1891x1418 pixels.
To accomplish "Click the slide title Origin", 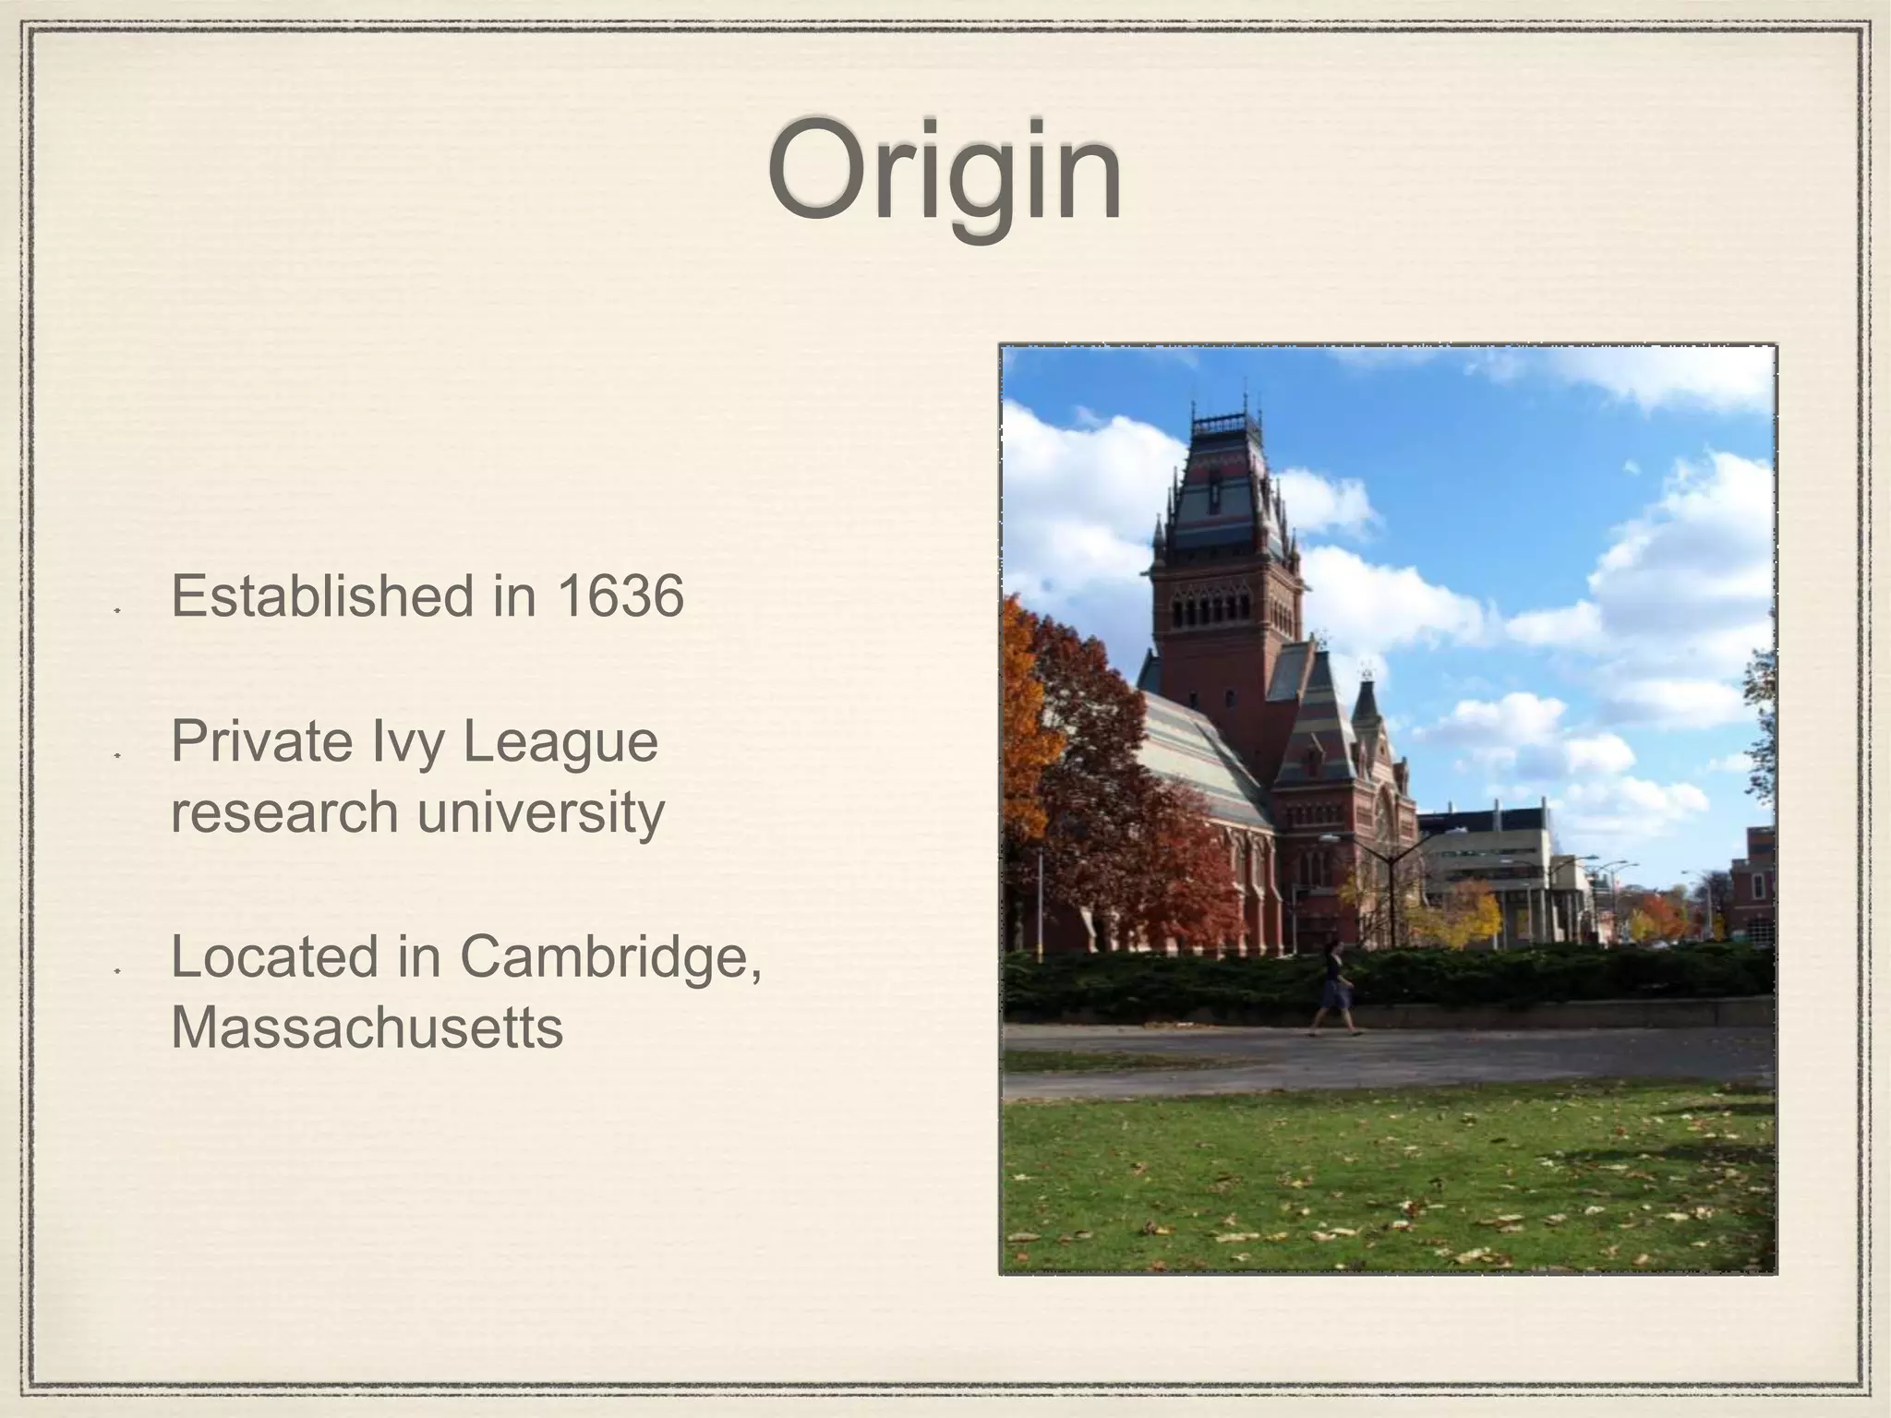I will tap(944, 173).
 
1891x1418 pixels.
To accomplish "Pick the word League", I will tap(560, 743).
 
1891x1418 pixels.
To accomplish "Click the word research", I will tap(283, 812).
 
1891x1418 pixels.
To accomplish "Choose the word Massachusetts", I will tap(367, 1027).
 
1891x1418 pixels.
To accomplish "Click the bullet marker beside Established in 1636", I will tap(117, 610).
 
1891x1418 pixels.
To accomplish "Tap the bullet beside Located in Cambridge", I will tap(117, 972).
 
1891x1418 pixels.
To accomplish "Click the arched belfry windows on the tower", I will tap(1210, 609).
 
